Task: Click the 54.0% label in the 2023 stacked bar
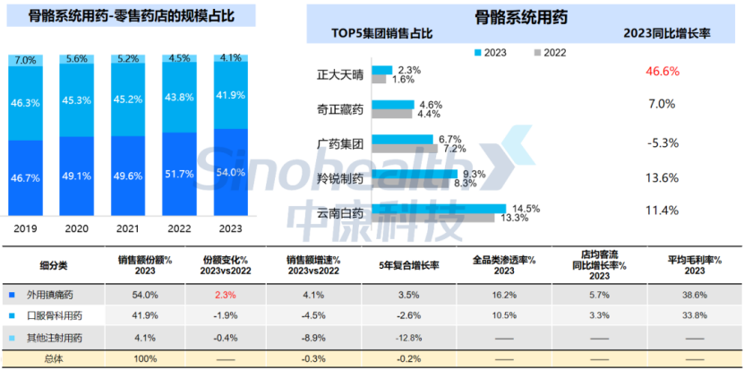coord(231,172)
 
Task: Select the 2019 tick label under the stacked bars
coord(26,228)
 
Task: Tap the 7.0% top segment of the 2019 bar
coord(26,60)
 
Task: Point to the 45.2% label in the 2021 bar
coord(129,99)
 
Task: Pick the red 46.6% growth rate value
coord(662,71)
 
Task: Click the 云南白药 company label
coord(340,213)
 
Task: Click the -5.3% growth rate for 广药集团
coord(662,142)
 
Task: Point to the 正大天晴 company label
coord(340,74)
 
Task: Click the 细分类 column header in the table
coord(54,265)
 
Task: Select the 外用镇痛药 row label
coord(56,294)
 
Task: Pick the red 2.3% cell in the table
coord(225,294)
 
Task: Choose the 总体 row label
coord(54,358)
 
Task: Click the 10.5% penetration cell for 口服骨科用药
coord(503,315)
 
